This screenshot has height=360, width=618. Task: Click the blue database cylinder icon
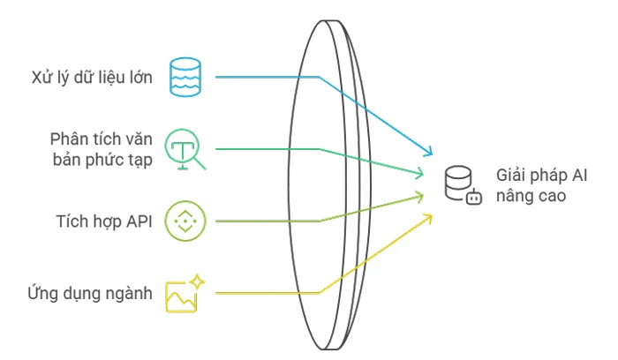(x=185, y=77)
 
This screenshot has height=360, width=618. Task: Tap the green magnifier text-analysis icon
(x=185, y=149)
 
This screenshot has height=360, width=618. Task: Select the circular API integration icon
(x=185, y=221)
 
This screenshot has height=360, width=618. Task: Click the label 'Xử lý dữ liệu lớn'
(x=92, y=77)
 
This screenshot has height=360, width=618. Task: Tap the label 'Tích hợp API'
(x=104, y=221)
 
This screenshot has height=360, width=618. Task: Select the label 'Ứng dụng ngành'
(x=90, y=293)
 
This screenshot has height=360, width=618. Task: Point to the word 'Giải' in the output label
(x=512, y=176)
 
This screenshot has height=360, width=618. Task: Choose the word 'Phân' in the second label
(x=67, y=139)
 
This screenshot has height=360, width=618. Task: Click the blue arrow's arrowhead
(x=428, y=151)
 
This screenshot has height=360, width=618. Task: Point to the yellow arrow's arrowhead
(x=428, y=218)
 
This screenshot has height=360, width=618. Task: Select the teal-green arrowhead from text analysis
(x=419, y=173)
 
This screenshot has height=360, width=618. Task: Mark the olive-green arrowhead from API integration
(x=419, y=196)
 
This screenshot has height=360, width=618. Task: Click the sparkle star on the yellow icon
(x=197, y=282)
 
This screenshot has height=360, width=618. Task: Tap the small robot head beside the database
(x=474, y=197)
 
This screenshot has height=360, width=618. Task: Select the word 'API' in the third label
(x=139, y=221)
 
